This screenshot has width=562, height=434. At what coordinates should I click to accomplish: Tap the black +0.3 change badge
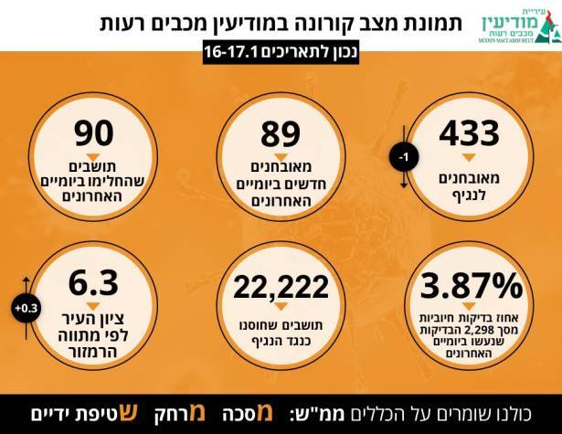[26, 308]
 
